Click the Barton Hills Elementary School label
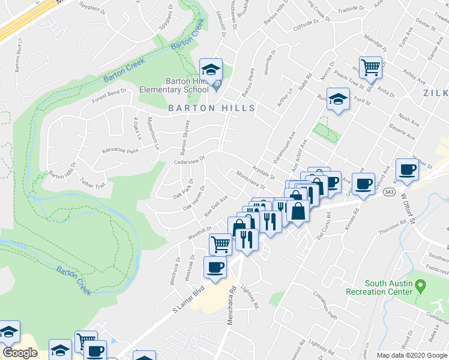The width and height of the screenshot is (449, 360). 173,86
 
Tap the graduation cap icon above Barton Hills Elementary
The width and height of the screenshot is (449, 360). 211,70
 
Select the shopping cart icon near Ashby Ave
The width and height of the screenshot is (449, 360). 371,67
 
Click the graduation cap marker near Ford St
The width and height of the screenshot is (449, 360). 339,99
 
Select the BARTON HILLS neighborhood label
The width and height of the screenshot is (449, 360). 211,108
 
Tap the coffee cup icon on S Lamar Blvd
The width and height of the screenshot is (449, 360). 215,268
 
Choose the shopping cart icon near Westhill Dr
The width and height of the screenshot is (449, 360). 220,244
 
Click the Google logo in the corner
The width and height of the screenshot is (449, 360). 20,353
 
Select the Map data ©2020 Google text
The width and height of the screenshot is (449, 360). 412,355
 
